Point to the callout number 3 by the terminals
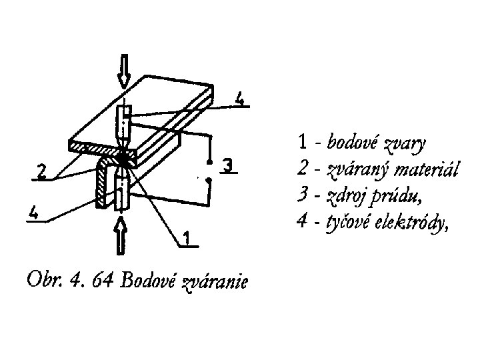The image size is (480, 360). (x=229, y=165)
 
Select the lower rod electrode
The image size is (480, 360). (x=121, y=190)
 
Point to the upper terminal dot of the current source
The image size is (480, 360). (x=209, y=162)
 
